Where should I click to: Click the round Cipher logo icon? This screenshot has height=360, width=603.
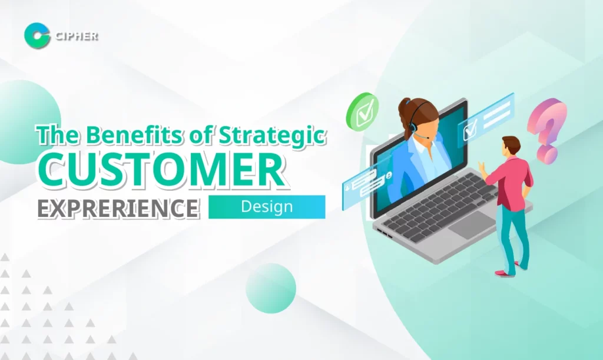tap(37, 35)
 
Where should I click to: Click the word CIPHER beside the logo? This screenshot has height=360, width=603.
tap(77, 36)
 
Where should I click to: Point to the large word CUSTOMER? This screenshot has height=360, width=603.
tap(162, 169)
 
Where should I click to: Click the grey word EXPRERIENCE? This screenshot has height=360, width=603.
tap(118, 208)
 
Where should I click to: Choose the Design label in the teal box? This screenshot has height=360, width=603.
tap(267, 207)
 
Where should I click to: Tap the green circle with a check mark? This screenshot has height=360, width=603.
tap(362, 112)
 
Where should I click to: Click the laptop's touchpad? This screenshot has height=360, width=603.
tap(471, 225)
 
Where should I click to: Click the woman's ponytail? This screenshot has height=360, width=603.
tap(405, 116)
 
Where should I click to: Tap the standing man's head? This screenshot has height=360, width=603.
tap(511, 146)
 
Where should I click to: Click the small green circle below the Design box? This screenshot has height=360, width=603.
tap(271, 288)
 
